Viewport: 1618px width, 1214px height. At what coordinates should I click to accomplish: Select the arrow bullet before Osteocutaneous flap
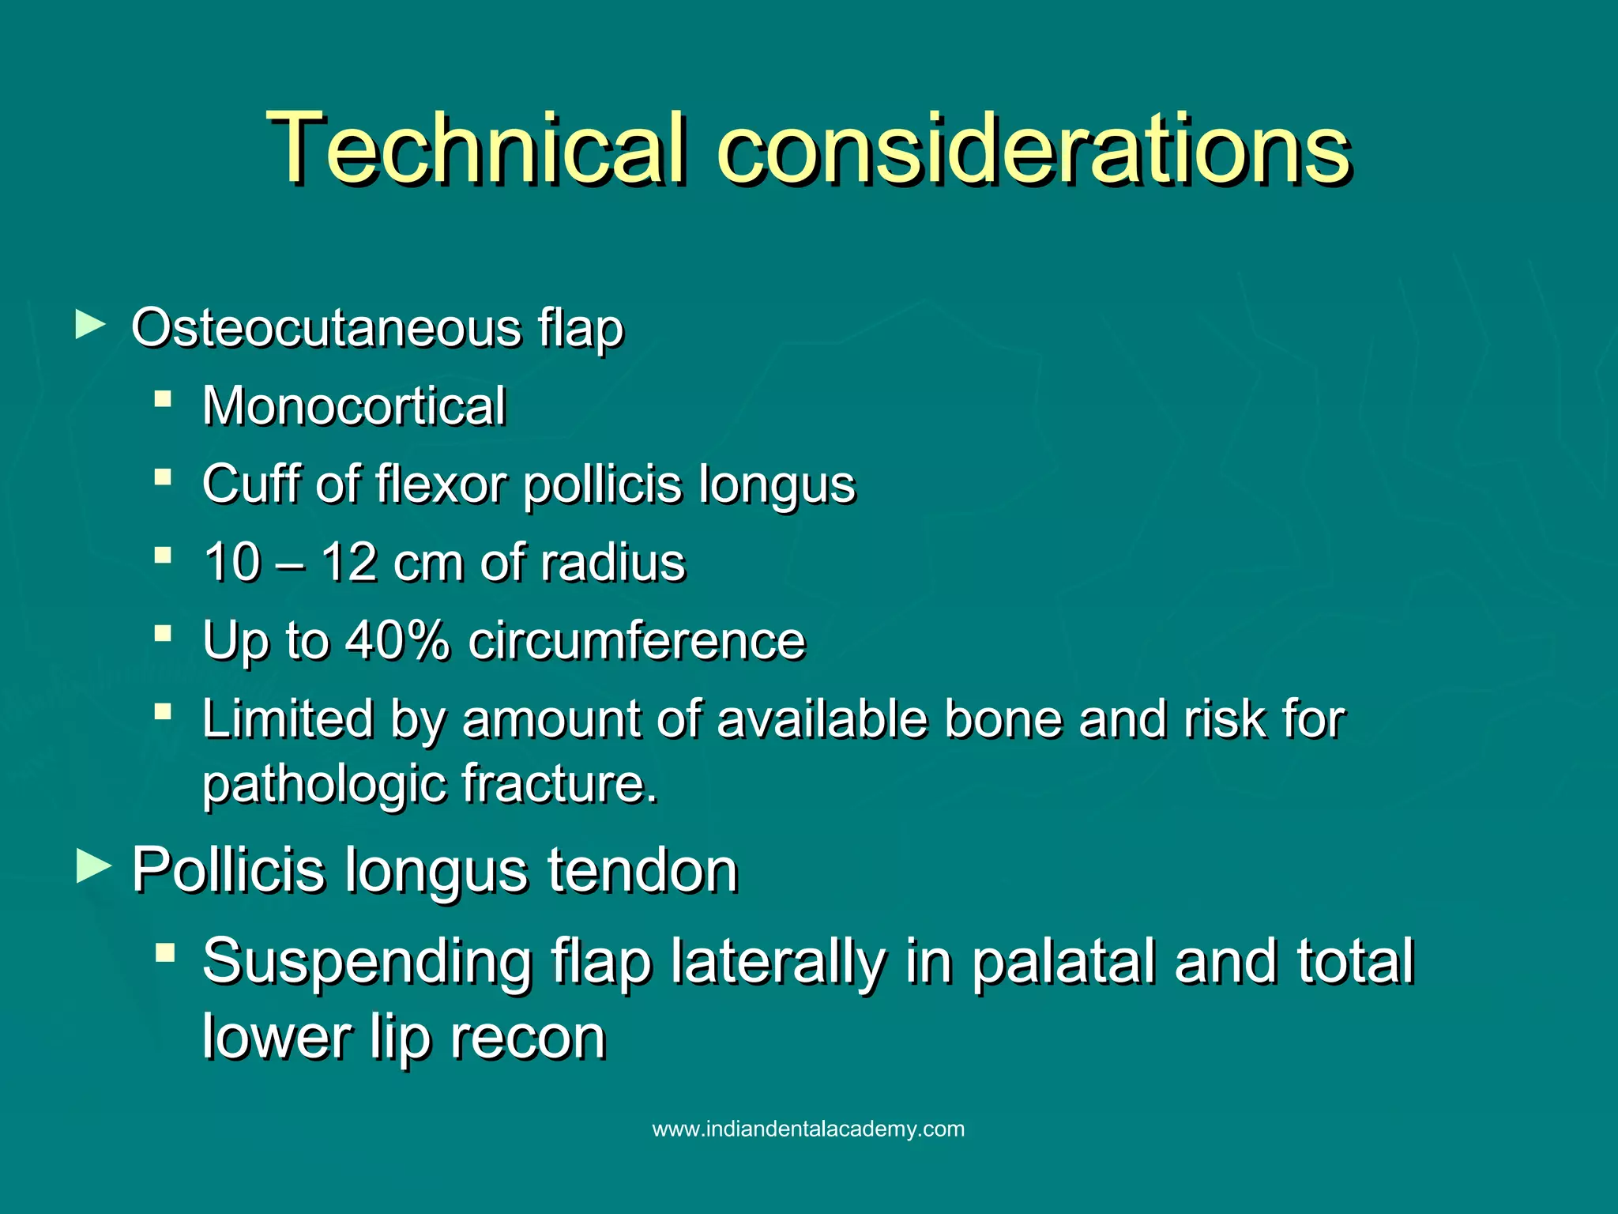tap(91, 325)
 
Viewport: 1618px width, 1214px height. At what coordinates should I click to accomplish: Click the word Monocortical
tap(354, 406)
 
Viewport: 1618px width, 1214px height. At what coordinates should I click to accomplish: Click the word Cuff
tap(252, 483)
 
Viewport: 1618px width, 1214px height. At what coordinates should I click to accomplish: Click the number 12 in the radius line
tap(348, 563)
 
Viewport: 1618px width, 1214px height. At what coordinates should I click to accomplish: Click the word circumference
tap(637, 640)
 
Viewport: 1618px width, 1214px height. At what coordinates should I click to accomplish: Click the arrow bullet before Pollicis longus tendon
tap(94, 867)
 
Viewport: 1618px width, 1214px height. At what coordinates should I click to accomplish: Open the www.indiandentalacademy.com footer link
tap(808, 1129)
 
